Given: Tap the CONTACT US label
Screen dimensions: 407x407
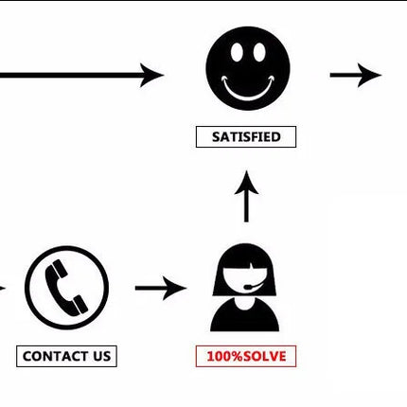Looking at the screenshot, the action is pyautogui.click(x=66, y=356).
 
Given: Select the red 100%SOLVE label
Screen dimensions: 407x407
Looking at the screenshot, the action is pyautogui.click(x=246, y=356).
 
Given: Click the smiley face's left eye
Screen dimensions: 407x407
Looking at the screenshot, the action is pyautogui.click(x=237, y=52).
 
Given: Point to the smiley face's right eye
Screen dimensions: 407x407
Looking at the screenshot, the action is pyautogui.click(x=259, y=52).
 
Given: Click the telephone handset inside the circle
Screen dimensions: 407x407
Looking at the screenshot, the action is pyautogui.click(x=66, y=288).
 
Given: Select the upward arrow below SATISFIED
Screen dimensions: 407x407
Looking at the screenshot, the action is pyautogui.click(x=246, y=197).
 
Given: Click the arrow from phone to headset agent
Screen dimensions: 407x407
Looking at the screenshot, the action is pyautogui.click(x=161, y=288).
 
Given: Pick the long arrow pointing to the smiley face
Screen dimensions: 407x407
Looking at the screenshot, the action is pyautogui.click(x=81, y=75).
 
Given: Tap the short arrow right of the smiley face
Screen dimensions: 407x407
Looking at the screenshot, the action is pyautogui.click(x=356, y=75).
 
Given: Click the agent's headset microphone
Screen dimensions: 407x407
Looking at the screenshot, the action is pyautogui.click(x=248, y=287).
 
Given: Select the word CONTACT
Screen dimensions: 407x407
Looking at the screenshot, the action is pyautogui.click(x=55, y=356).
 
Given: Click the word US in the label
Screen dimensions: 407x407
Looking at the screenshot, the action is pyautogui.click(x=101, y=356).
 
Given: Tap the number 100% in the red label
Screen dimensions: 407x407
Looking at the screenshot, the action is pyautogui.click(x=225, y=356).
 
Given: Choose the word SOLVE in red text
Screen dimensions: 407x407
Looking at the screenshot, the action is pyautogui.click(x=265, y=356).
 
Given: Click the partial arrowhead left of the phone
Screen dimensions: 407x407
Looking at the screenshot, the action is pyautogui.click(x=3, y=288).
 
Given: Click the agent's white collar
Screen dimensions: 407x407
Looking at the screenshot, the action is pyautogui.click(x=244, y=304).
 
